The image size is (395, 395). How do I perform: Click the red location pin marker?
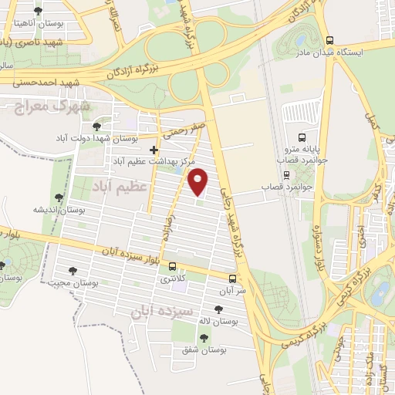coord(199,181)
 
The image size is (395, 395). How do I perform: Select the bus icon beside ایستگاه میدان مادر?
coord(329,40)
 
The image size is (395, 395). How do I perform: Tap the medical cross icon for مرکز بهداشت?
coord(154,149)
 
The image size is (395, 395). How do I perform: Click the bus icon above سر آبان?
coord(233,279)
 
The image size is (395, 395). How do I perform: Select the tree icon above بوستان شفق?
coord(204,337)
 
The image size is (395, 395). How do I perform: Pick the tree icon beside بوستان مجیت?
coord(73,270)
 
